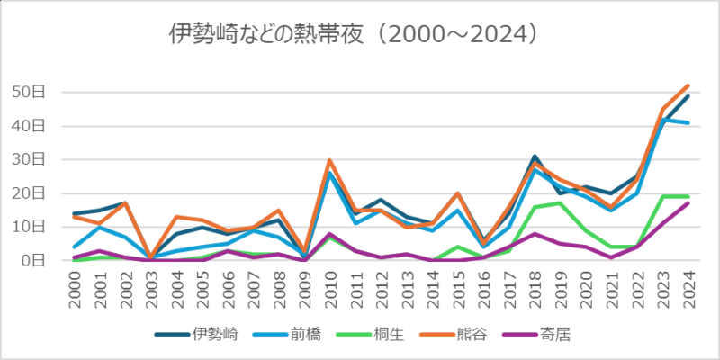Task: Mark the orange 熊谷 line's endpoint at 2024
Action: [x=688, y=85]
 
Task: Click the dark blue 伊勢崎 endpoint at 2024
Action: [x=688, y=95]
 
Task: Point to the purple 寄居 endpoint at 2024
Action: [x=688, y=203]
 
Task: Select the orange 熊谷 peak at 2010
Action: [x=330, y=160]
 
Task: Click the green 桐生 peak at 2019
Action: [x=560, y=203]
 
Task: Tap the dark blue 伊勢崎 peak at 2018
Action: [x=535, y=157]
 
